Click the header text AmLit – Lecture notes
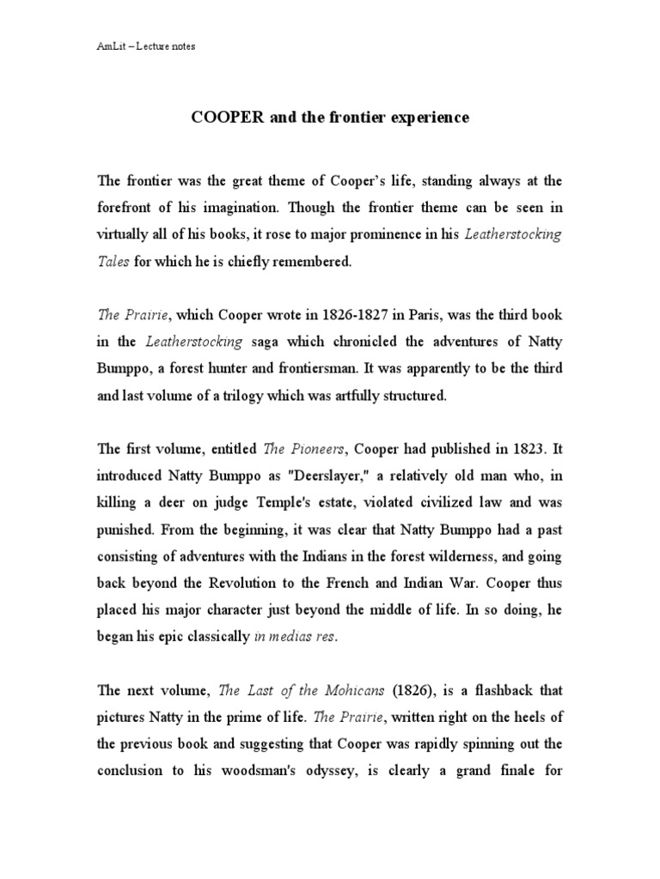(146, 45)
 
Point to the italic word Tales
(113, 262)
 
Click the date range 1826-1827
(358, 315)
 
